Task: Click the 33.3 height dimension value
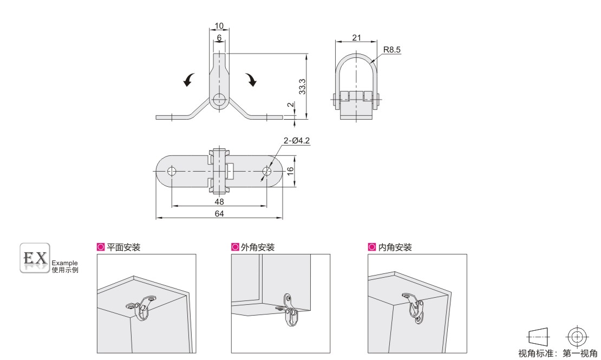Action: (x=303, y=86)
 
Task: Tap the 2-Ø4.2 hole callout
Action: (x=296, y=141)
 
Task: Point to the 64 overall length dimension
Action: (x=219, y=214)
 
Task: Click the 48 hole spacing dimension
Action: (x=219, y=201)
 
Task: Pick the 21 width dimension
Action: (x=356, y=37)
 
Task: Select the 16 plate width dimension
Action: (x=290, y=171)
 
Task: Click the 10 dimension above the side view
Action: (x=219, y=27)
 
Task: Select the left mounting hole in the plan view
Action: (x=172, y=172)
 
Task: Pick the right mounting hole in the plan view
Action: (x=266, y=172)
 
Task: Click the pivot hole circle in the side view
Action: (x=219, y=99)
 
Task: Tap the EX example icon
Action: (x=35, y=259)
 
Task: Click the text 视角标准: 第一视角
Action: (x=558, y=353)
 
